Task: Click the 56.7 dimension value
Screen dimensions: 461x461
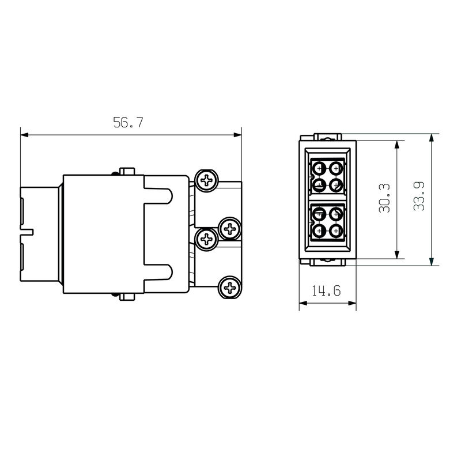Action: point(128,122)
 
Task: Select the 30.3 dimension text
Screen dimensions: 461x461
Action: point(384,198)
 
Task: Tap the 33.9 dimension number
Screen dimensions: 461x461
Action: point(419,196)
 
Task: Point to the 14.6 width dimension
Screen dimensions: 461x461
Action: point(326,291)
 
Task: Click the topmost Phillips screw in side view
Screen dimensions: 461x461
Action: point(207,180)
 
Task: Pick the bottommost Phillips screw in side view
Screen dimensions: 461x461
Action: point(230,287)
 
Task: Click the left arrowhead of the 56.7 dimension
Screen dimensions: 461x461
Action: point(24,135)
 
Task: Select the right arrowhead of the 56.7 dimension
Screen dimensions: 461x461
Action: point(237,135)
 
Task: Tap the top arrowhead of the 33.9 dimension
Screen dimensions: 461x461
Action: point(431,138)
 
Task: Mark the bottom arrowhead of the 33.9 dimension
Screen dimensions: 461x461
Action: point(431,262)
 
